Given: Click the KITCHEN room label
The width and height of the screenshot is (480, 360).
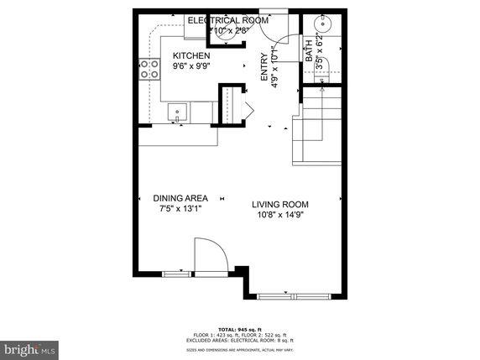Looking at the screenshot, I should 191,55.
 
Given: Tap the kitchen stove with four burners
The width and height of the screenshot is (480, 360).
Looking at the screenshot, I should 150,69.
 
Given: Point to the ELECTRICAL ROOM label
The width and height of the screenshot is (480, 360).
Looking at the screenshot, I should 227,20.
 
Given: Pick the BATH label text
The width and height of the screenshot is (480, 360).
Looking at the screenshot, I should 310,55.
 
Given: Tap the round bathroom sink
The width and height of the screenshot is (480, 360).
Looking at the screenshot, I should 320,23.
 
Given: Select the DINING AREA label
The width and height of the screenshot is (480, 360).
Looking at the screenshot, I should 180,198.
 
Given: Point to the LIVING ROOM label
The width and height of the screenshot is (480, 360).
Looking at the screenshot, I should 281,204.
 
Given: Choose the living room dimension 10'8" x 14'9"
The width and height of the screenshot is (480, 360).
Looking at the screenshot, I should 281,215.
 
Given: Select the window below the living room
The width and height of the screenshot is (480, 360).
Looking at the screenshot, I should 292,295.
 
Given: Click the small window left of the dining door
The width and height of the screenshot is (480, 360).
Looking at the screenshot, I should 175,274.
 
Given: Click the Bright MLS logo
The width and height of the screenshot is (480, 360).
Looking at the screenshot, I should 29,347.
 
